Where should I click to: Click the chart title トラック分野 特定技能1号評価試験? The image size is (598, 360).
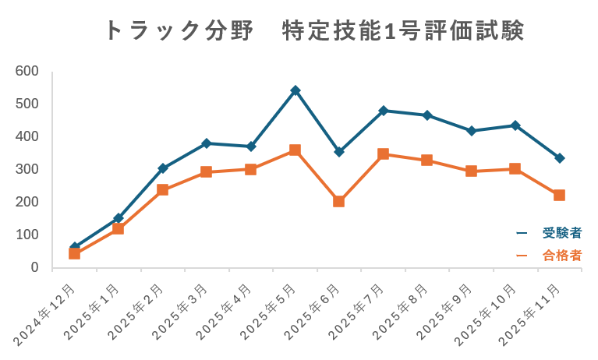tap(313, 30)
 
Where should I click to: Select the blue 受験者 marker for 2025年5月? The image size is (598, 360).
tap(295, 90)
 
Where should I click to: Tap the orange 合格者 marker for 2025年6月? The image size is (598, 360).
tap(339, 201)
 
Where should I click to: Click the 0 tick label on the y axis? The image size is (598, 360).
tap(34, 267)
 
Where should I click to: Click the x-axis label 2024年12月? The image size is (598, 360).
tap(47, 316)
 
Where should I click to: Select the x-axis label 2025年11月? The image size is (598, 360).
tap(534, 316)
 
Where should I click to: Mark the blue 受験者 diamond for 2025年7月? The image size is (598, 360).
tap(384, 111)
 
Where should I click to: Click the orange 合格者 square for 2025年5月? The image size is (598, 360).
tap(295, 150)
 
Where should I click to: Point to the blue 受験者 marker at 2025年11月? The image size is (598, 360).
tap(560, 158)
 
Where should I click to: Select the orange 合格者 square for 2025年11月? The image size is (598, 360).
tap(560, 195)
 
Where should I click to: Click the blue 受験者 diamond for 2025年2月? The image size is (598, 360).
tap(163, 168)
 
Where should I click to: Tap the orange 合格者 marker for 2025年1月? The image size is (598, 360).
tap(119, 228)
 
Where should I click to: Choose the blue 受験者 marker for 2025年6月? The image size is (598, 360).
tap(339, 152)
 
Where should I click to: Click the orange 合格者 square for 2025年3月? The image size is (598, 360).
tap(207, 171)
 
